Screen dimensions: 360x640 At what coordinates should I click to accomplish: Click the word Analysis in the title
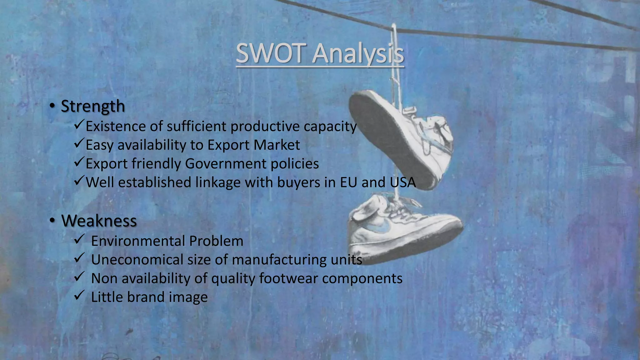358,54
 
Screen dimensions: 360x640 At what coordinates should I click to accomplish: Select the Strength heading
93,106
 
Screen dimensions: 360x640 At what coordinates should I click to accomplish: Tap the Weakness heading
99,221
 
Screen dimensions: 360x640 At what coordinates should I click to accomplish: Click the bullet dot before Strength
52,107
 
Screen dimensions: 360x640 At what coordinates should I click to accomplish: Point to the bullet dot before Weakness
52,221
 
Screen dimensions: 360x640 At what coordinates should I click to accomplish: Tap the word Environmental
137,241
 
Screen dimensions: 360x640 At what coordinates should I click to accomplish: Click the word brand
146,297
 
